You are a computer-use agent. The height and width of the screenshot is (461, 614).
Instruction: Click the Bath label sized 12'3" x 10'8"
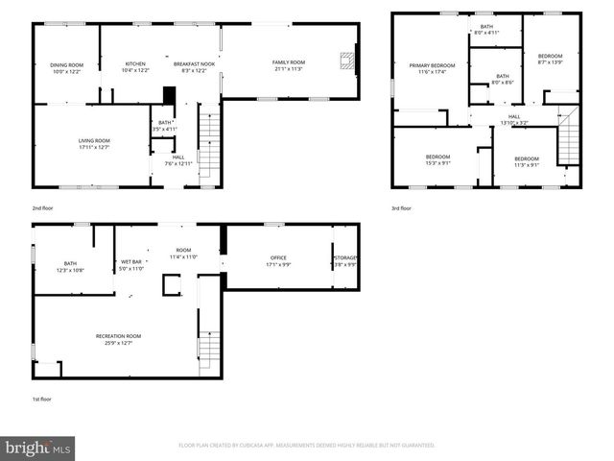coord(70,266)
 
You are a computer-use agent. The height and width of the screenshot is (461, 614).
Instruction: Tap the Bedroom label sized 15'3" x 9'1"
coord(437,159)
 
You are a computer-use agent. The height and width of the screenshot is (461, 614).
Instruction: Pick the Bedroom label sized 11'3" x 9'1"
coord(526,160)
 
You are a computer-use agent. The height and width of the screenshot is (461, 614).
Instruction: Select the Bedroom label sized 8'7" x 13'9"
coord(550,60)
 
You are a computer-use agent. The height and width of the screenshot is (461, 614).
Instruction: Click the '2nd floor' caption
coord(43,207)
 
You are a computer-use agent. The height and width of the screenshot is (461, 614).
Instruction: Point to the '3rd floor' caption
coord(400,207)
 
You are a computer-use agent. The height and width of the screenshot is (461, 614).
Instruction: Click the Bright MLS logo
coord(38,448)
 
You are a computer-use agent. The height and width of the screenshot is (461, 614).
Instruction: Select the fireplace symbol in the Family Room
coord(346,62)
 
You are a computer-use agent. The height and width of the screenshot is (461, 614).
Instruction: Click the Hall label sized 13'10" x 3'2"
coord(513,120)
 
